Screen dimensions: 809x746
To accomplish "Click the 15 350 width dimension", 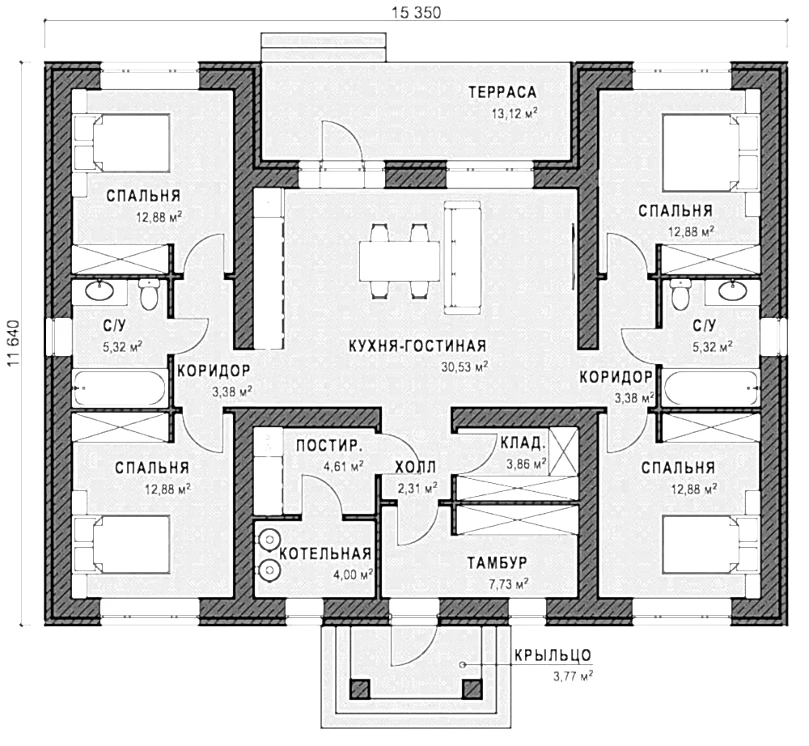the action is pyautogui.click(x=417, y=12).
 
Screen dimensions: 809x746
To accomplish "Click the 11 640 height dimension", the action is pyautogui.click(x=13, y=344).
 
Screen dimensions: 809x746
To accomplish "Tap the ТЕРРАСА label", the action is pyautogui.click(x=502, y=93).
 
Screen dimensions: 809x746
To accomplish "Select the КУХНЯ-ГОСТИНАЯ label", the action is pyautogui.click(x=417, y=345).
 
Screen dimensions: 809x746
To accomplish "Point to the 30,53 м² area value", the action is pyautogui.click(x=465, y=367).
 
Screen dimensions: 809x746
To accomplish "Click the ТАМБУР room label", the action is pyautogui.click(x=498, y=562).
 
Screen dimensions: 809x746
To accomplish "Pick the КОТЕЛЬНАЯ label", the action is pyautogui.click(x=325, y=554).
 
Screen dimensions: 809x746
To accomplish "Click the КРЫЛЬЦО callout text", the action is pyautogui.click(x=553, y=655).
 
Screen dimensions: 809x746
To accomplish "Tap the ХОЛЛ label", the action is pyautogui.click(x=415, y=468).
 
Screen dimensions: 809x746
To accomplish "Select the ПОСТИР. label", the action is pyautogui.click(x=329, y=446).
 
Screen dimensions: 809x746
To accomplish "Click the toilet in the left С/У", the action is pyautogui.click(x=150, y=295).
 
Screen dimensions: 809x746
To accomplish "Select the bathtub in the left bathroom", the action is pyautogui.click(x=119, y=388).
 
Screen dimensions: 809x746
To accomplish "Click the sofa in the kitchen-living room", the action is pyautogui.click(x=464, y=257).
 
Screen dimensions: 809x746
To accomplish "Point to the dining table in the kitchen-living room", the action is pyautogui.click(x=400, y=261).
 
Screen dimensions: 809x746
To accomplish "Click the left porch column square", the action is pyautogui.click(x=360, y=689).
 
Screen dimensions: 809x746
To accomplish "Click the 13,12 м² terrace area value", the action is pyautogui.click(x=515, y=113).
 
